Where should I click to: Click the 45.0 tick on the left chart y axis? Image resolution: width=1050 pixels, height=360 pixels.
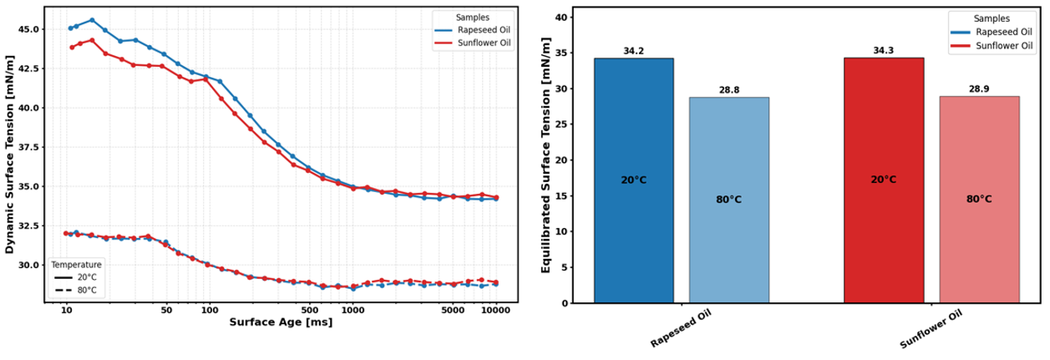coord(29,29)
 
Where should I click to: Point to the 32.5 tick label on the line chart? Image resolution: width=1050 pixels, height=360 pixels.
coord(29,226)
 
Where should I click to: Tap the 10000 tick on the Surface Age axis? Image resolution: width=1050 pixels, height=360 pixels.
coord(496,310)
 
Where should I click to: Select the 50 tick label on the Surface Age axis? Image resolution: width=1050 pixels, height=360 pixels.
coord(165,310)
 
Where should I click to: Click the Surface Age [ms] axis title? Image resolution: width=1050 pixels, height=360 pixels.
coord(281,322)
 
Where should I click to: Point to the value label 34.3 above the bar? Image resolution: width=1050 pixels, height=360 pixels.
coord(884,51)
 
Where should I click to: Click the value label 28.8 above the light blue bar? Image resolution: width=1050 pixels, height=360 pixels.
coord(728,90)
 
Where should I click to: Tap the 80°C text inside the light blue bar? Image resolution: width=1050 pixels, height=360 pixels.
coord(728,200)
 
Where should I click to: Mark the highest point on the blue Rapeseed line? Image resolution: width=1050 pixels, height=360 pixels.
coord(92,20)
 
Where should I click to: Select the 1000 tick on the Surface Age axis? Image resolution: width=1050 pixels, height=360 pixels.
coord(353,310)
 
